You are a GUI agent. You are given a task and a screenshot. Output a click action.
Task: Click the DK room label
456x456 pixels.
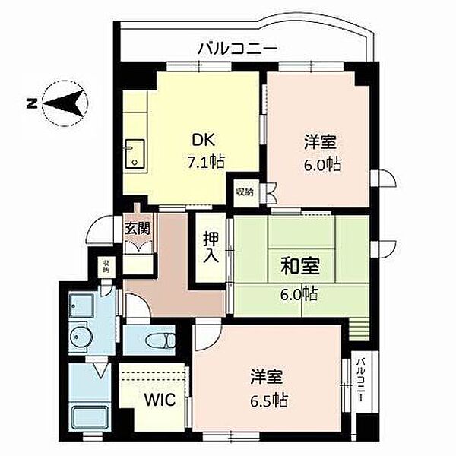tap(204, 140)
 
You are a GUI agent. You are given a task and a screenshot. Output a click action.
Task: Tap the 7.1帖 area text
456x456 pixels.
tap(206, 162)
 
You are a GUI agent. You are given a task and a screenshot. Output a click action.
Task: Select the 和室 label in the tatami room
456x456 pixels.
tap(300, 266)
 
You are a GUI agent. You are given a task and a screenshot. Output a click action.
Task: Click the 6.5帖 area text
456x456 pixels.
tap(269, 401)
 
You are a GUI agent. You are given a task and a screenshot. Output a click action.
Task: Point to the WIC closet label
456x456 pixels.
tap(160, 400)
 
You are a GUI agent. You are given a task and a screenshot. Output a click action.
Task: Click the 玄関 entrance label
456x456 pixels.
tap(138, 229)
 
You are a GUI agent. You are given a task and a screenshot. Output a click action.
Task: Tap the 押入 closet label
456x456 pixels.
tap(211, 247)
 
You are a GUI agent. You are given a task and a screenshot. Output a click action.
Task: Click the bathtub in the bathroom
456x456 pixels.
tap(90, 417)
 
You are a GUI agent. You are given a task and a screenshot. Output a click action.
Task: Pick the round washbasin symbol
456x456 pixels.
tap(79, 337)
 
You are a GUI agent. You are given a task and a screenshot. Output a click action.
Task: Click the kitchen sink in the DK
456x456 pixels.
tap(135, 154)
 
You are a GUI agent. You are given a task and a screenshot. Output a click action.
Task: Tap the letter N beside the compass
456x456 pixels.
tap(31, 103)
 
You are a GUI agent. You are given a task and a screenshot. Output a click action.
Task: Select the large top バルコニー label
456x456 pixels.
tap(238, 49)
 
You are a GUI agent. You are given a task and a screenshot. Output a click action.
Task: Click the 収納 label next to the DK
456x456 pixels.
tap(245, 192)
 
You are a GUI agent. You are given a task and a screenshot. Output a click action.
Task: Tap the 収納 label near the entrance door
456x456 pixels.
tap(106, 266)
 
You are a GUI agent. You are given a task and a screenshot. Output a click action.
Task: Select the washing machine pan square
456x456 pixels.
tap(81, 306)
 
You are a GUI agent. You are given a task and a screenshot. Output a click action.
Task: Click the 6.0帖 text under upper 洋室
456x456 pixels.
tap(322, 165)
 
